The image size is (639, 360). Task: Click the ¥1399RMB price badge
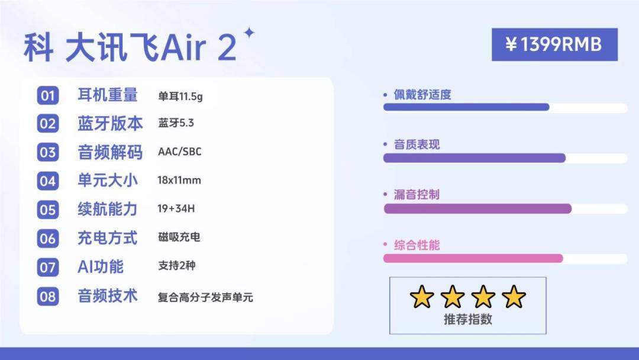click(x=554, y=44)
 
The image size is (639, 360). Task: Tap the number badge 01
click(x=48, y=95)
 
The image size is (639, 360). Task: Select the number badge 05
click(x=48, y=210)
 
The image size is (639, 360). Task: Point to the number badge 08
click(x=48, y=296)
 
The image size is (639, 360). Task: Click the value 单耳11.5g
click(x=180, y=96)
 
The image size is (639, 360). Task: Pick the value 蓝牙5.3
click(x=176, y=124)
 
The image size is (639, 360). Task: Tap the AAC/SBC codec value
click(x=179, y=152)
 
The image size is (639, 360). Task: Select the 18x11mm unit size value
click(x=179, y=181)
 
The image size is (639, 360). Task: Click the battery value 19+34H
click(x=177, y=209)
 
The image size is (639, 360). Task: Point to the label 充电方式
click(x=107, y=238)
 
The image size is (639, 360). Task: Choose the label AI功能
click(x=101, y=266)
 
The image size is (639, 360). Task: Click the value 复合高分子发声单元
click(x=205, y=297)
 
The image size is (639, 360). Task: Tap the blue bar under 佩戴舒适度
click(x=466, y=107)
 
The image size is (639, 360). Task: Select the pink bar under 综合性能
click(x=473, y=259)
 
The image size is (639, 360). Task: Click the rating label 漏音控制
click(x=417, y=195)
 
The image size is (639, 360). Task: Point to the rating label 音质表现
click(x=417, y=144)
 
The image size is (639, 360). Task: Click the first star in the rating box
click(x=422, y=297)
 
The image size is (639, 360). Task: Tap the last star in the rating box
click(x=513, y=297)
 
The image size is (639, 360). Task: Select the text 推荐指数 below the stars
click(x=467, y=320)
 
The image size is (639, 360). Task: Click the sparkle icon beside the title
click(x=249, y=34)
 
